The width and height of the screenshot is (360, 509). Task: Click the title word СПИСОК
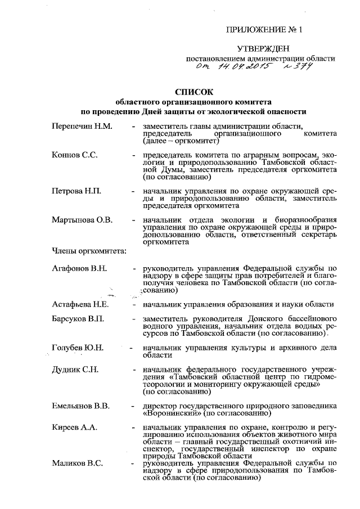pyautogui.click(x=195, y=92)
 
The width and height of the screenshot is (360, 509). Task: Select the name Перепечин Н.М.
pyautogui.click(x=82, y=126)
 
